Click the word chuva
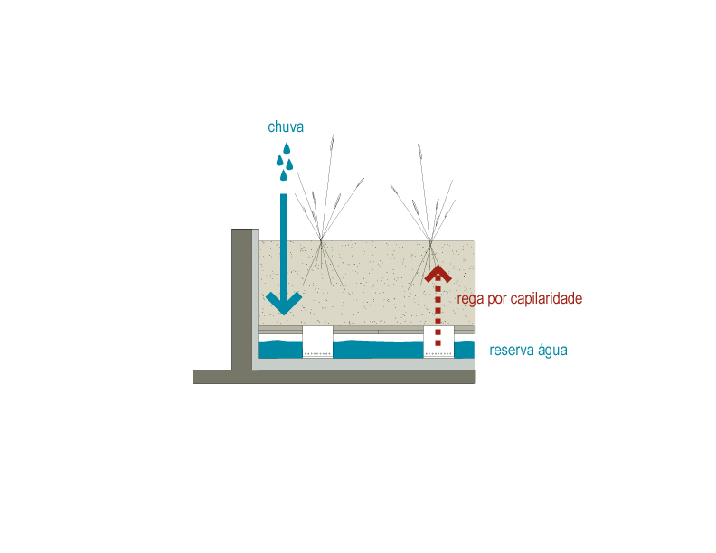click(x=286, y=127)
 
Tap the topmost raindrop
click(x=287, y=148)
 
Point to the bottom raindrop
click(x=284, y=175)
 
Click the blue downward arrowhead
click(x=284, y=303)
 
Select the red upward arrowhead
click(x=438, y=274)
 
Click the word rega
click(x=470, y=299)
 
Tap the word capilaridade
click(x=546, y=298)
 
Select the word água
click(x=552, y=350)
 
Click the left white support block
click(x=317, y=342)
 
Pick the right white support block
click(x=438, y=342)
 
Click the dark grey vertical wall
click(x=242, y=299)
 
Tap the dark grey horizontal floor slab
click(x=334, y=377)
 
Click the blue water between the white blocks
click(x=378, y=350)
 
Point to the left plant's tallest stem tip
click(x=334, y=135)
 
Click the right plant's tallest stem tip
click(x=419, y=145)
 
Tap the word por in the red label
click(x=497, y=301)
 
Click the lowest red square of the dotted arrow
click(x=438, y=343)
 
